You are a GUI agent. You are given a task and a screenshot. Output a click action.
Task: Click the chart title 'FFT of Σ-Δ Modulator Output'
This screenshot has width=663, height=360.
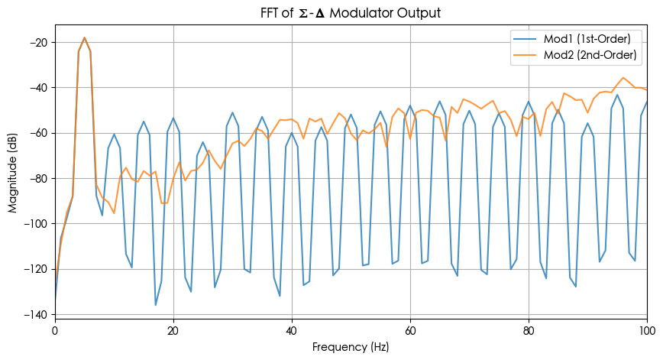pyautogui.click(x=351, y=13)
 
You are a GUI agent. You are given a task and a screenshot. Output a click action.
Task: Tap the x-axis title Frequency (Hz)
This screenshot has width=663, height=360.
pyautogui.click(x=351, y=347)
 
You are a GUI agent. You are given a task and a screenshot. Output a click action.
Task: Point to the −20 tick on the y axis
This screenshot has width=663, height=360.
pyautogui.click(x=37, y=42)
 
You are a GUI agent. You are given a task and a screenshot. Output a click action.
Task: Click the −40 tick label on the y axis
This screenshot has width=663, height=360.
pyautogui.click(x=37, y=87)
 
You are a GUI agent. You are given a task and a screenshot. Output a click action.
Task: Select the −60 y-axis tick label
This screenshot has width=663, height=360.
pyautogui.click(x=37, y=133)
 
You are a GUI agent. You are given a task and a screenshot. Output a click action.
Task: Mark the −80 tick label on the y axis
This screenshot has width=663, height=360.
pyautogui.click(x=37, y=178)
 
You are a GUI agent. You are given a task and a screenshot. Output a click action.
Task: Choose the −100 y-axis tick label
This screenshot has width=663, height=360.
pyautogui.click(x=35, y=223)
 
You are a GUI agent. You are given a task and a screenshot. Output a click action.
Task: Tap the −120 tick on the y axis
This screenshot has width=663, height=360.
pyautogui.click(x=35, y=269)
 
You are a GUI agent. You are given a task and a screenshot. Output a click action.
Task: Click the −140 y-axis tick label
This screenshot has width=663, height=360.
pyautogui.click(x=35, y=314)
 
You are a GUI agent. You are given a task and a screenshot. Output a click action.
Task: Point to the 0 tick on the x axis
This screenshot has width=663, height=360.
pyautogui.click(x=55, y=329)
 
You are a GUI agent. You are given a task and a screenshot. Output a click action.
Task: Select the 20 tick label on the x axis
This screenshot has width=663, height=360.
pyautogui.click(x=173, y=329)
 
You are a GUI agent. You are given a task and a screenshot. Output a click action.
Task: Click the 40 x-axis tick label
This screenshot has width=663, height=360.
pyautogui.click(x=292, y=329)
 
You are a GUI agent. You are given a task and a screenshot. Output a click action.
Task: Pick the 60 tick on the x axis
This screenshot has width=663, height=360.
pyautogui.click(x=410, y=329)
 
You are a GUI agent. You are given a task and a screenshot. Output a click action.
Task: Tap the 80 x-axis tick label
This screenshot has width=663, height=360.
pyautogui.click(x=529, y=329)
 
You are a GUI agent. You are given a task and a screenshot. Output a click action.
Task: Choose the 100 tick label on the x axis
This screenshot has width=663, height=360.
pyautogui.click(x=646, y=329)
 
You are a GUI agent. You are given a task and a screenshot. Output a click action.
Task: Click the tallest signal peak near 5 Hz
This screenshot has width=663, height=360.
pyautogui.click(x=85, y=37)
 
